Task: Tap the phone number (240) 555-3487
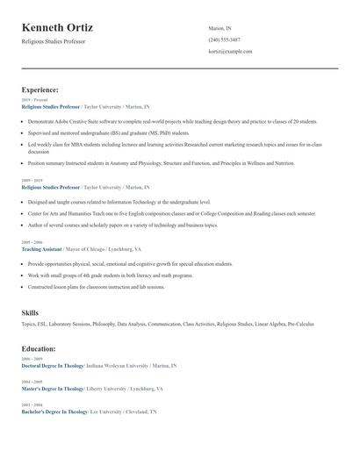[x=225, y=40]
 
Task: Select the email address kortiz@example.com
[x=230, y=52]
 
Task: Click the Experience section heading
[x=40, y=89]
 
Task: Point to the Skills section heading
[x=30, y=312]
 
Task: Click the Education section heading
[x=40, y=348]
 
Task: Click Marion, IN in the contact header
[x=220, y=28]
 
